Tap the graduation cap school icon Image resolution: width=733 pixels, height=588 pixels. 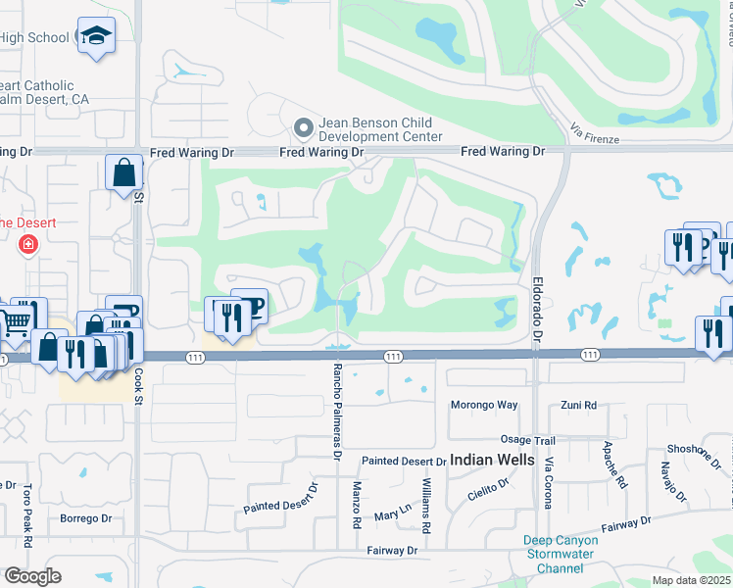pyautogui.click(x=96, y=36)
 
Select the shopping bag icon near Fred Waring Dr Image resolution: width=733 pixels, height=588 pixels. pyautogui.click(x=124, y=172)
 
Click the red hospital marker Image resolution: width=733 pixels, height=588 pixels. pyautogui.click(x=27, y=243)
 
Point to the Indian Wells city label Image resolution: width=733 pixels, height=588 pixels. pyautogui.click(x=492, y=460)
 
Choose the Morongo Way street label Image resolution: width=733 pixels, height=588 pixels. pyautogui.click(x=483, y=405)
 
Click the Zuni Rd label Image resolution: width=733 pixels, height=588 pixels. pyautogui.click(x=578, y=405)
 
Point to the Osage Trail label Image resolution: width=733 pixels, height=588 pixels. pyautogui.click(x=528, y=441)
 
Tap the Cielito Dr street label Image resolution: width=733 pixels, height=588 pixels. pyautogui.click(x=489, y=489)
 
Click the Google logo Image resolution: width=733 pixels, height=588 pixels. pyautogui.click(x=32, y=576)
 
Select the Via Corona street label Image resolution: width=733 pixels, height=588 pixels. pyautogui.click(x=549, y=483)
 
